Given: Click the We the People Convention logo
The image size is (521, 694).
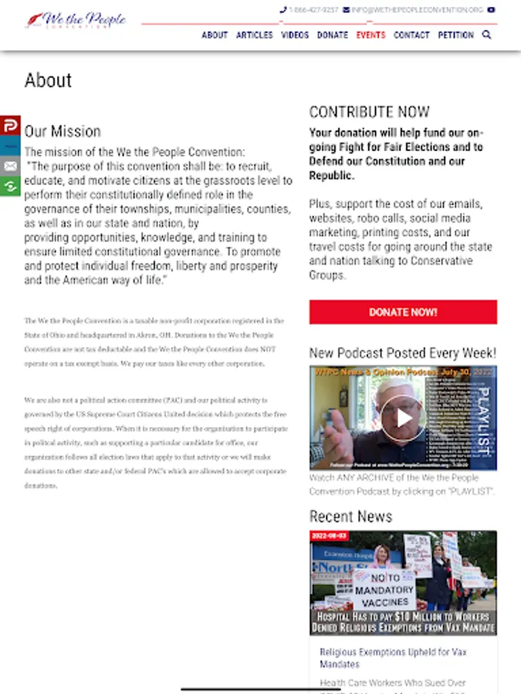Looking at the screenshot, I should (x=75, y=19).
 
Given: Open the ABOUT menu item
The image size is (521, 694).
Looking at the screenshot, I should (x=215, y=35).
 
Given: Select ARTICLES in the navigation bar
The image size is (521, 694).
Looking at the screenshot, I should (x=254, y=35).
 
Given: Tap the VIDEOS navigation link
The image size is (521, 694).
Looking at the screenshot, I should (x=295, y=35).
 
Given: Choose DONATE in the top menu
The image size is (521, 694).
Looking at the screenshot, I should (x=333, y=35).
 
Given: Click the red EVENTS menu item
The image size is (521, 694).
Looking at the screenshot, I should (x=370, y=35).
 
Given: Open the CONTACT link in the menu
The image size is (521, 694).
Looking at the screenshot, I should (x=411, y=35).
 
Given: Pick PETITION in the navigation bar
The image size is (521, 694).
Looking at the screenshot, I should (x=455, y=35).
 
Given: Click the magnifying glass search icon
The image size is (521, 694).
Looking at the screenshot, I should (x=487, y=35).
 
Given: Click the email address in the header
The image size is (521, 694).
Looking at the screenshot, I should (x=417, y=10).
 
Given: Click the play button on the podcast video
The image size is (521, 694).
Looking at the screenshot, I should (x=403, y=418).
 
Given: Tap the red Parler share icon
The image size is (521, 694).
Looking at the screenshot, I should (x=10, y=126).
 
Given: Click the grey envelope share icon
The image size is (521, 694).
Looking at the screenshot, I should (x=10, y=166).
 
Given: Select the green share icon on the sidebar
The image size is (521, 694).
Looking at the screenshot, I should (x=10, y=186).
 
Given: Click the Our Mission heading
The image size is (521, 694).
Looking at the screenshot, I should (x=63, y=131).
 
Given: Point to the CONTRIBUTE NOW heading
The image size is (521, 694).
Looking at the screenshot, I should (x=369, y=112).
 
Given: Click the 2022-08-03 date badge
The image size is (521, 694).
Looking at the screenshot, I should (x=330, y=535).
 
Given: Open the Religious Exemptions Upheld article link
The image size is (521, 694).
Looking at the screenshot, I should (x=393, y=658).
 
